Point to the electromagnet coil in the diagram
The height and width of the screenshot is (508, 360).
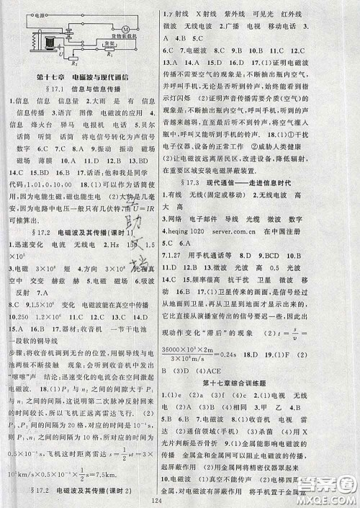(x=48, y=45)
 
